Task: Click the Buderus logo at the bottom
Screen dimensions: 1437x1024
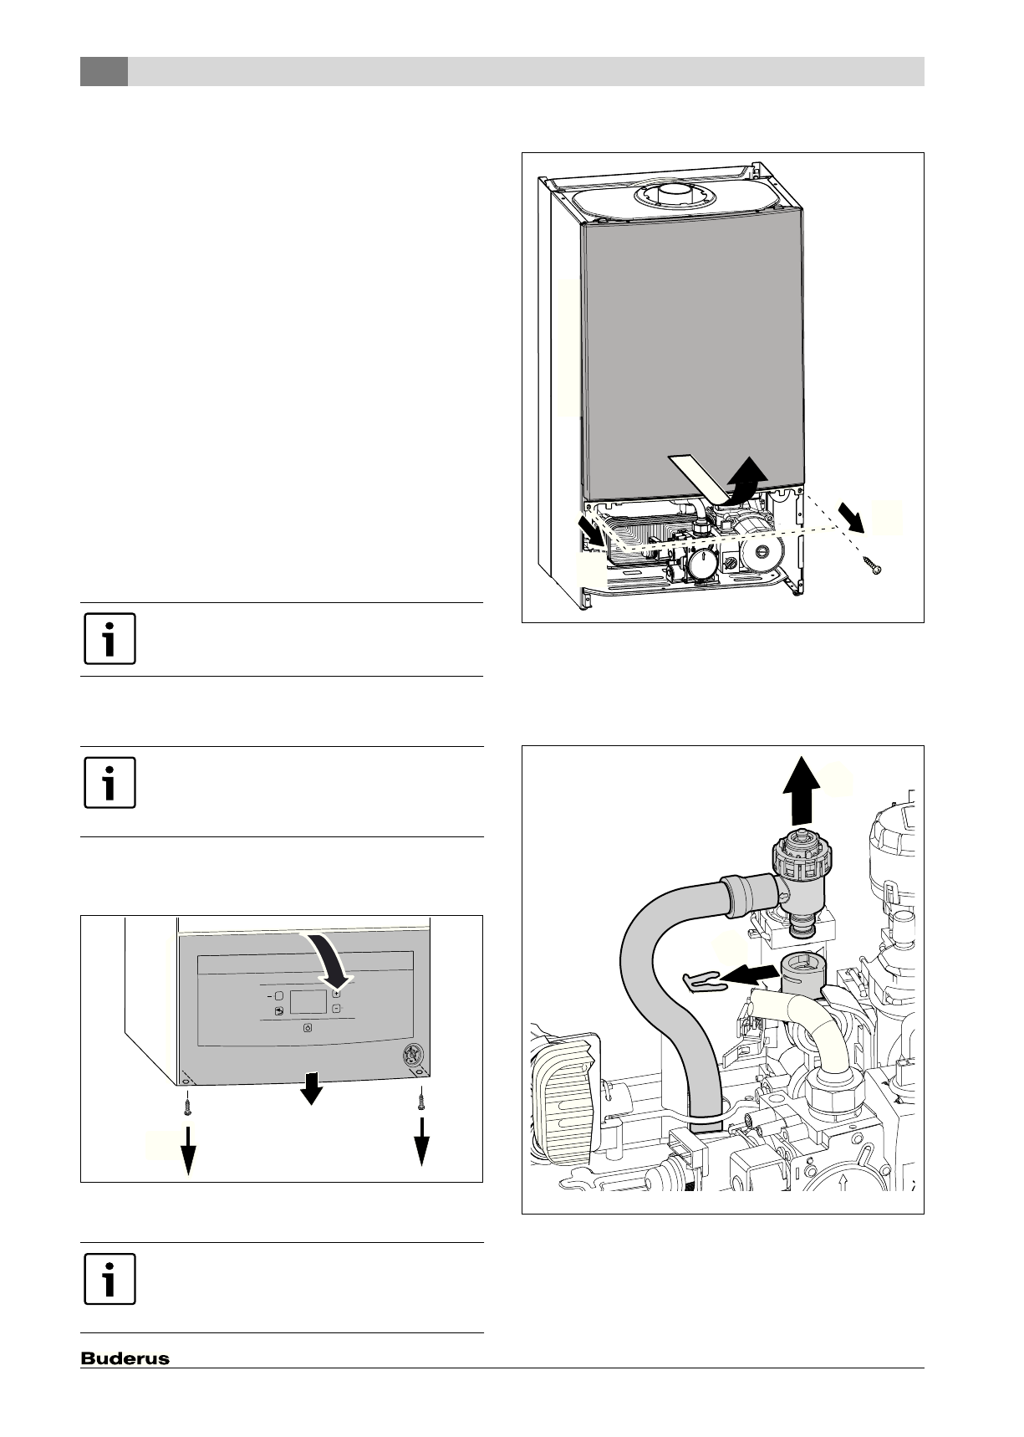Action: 125,1358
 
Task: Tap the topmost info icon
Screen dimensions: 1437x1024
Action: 110,640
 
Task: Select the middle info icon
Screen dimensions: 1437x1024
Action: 110,783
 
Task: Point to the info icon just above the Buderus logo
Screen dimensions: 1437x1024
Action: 110,1279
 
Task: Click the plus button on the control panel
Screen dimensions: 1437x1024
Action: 336,994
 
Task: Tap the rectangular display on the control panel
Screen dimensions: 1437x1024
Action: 308,1002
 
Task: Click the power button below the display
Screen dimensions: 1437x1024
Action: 307,1028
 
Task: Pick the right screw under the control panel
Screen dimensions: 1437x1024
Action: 422,1102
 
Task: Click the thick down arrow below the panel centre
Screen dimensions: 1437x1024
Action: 312,1087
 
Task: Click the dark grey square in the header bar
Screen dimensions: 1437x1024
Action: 104,71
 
